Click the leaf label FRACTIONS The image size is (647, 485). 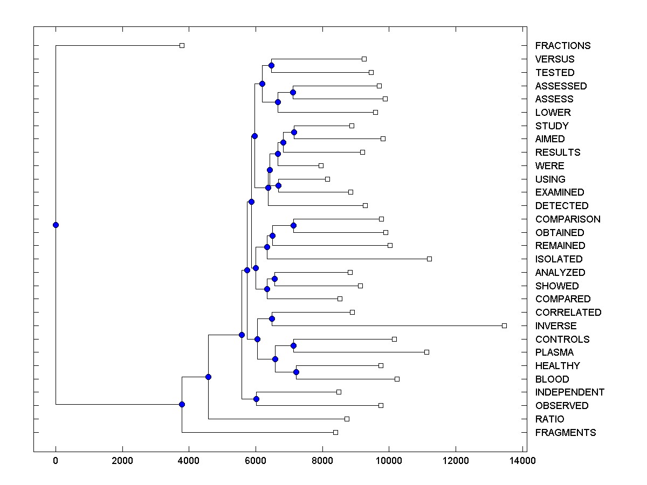(x=563, y=46)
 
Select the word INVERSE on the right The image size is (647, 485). (x=556, y=326)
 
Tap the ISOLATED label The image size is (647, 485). (x=559, y=259)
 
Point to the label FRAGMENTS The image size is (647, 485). (x=566, y=433)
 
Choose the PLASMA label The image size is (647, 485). (x=554, y=352)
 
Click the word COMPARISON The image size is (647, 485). (x=568, y=219)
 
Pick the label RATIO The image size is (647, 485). (x=549, y=419)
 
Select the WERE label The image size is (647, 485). (x=549, y=166)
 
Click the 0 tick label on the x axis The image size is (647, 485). (x=56, y=461)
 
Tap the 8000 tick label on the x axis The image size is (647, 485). (x=322, y=461)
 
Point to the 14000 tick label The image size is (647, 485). (x=522, y=461)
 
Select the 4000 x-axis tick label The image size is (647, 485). (x=189, y=461)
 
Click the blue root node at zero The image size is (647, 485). (x=56, y=225)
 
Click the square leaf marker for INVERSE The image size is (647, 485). (x=504, y=325)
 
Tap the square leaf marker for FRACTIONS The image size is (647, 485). (x=182, y=45)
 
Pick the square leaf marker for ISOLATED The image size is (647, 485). (x=429, y=259)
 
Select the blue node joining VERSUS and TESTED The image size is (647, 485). (x=271, y=65)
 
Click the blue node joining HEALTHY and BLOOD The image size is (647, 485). (x=296, y=372)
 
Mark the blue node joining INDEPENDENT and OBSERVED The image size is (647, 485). (x=256, y=399)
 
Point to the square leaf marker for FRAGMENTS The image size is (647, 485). (x=335, y=432)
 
